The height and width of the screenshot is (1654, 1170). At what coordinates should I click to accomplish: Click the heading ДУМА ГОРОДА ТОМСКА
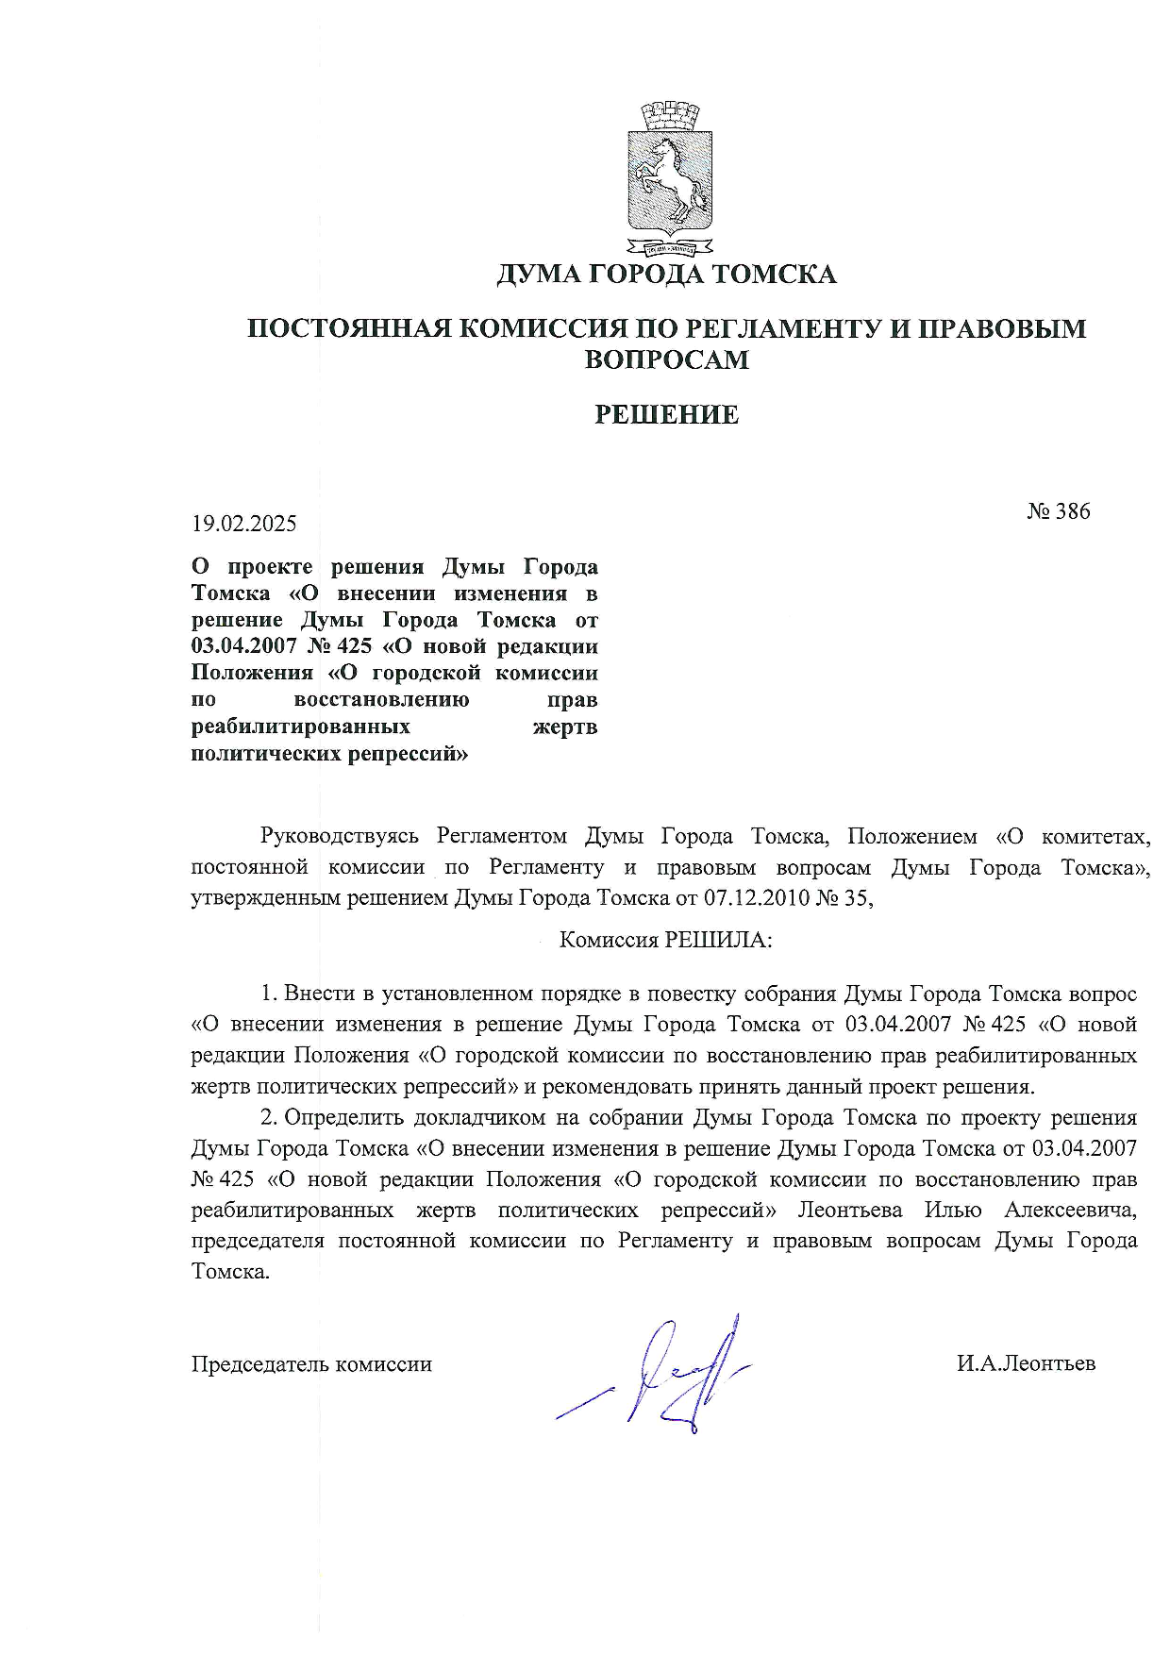click(x=666, y=275)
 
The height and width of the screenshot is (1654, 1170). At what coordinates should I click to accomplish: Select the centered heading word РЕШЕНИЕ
click(x=666, y=415)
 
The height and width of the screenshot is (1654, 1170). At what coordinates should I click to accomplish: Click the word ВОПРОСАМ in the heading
click(x=666, y=359)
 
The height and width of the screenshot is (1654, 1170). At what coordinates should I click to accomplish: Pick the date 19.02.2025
click(x=244, y=523)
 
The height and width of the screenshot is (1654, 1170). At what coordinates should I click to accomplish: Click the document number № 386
click(x=1058, y=511)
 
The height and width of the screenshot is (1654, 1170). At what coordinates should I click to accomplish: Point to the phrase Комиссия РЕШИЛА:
click(x=665, y=941)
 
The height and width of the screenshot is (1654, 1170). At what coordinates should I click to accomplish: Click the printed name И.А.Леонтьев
click(x=1026, y=1364)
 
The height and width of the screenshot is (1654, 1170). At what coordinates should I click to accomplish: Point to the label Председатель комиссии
click(x=311, y=1364)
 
